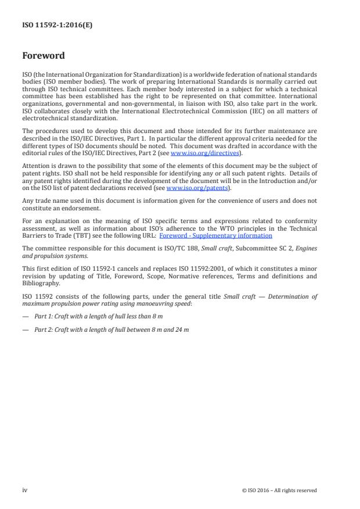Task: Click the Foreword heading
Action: pyautogui.click(x=44, y=56)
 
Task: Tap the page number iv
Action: pyautogui.click(x=25, y=490)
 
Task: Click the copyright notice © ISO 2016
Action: pyautogui.click(x=279, y=490)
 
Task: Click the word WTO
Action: pyautogui.click(x=239, y=229)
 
